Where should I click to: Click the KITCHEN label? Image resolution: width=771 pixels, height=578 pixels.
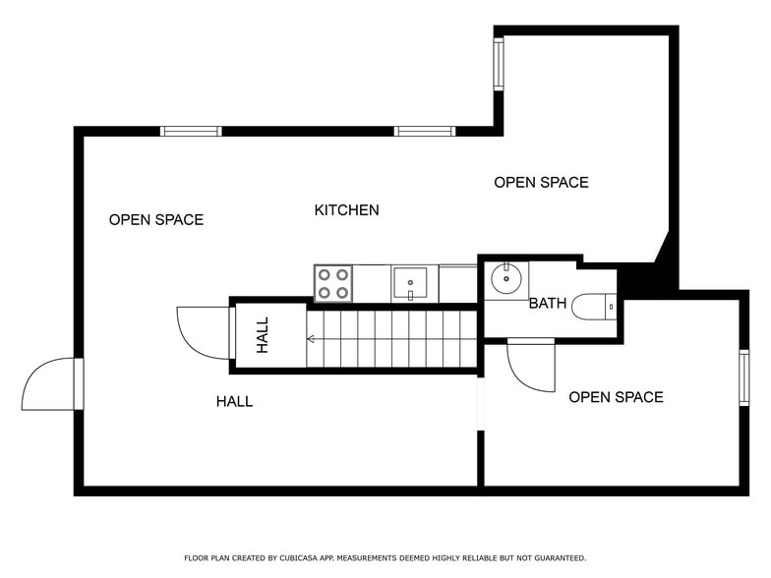(346, 210)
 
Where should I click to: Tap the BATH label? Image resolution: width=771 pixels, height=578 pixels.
(547, 304)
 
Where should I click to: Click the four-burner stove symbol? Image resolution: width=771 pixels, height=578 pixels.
(333, 283)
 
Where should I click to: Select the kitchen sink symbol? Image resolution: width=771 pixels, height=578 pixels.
(410, 283)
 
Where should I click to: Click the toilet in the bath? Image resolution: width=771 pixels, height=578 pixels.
(594, 307)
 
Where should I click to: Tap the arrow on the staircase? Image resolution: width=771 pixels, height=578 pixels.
(312, 339)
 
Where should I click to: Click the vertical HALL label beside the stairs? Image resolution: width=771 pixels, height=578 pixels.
(263, 334)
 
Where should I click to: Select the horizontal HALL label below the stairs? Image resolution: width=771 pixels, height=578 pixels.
(234, 401)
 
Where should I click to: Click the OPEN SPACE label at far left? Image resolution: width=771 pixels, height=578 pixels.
(156, 220)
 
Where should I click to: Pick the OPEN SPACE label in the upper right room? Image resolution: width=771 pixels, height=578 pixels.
(541, 183)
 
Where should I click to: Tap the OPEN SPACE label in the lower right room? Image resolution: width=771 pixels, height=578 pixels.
(616, 398)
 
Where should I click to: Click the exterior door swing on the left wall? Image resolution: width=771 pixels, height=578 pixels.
(49, 385)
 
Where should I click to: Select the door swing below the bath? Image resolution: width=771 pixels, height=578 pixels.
(531, 366)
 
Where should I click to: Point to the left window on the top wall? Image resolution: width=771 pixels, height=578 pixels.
(191, 132)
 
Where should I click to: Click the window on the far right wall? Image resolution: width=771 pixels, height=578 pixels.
(743, 377)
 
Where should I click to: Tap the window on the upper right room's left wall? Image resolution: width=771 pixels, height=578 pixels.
(499, 64)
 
